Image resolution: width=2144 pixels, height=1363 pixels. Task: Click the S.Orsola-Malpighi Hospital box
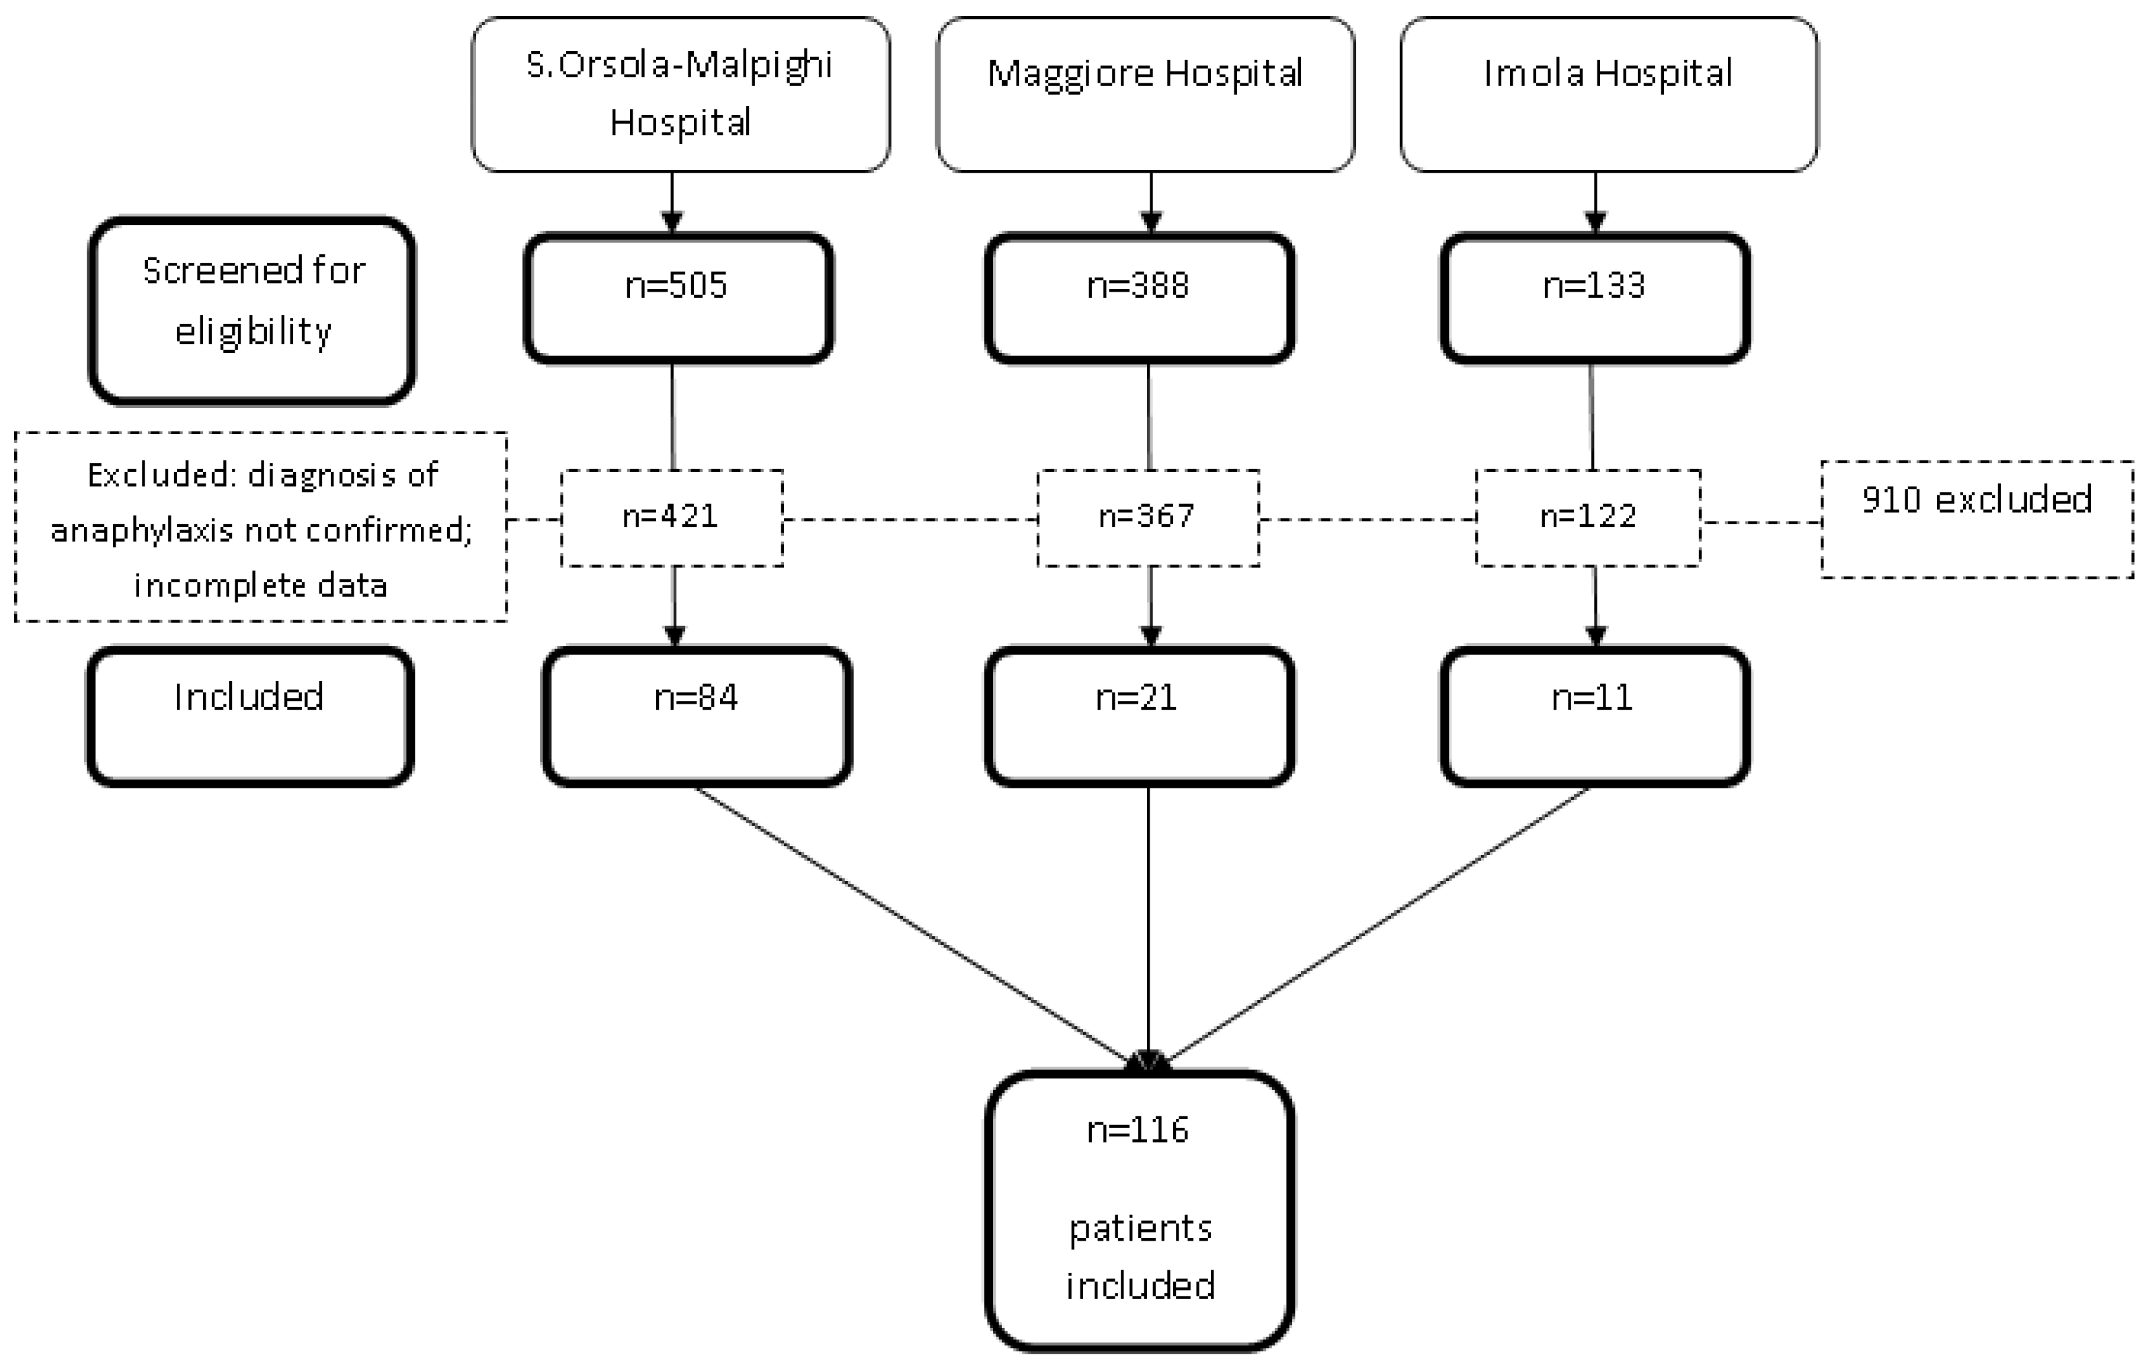click(680, 93)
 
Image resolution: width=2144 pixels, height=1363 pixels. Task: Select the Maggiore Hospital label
click(1145, 73)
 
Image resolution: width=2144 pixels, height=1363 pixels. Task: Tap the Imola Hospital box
click(1608, 93)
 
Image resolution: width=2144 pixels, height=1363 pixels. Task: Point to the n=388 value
click(1138, 286)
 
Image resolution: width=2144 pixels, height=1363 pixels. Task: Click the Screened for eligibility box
click(252, 310)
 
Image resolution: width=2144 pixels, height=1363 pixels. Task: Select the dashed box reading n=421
click(672, 518)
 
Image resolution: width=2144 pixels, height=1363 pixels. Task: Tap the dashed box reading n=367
click(1147, 518)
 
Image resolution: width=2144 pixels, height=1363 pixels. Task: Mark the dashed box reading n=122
click(1587, 518)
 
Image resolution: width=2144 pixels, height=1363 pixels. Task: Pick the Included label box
click(249, 716)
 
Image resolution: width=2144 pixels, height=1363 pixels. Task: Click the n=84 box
click(697, 716)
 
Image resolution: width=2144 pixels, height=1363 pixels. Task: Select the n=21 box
click(1138, 716)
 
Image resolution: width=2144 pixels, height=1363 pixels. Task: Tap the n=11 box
click(1594, 716)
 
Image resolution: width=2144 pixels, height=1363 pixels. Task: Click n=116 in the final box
click(1138, 1130)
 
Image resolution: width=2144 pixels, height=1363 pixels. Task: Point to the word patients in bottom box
click(1140, 1229)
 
